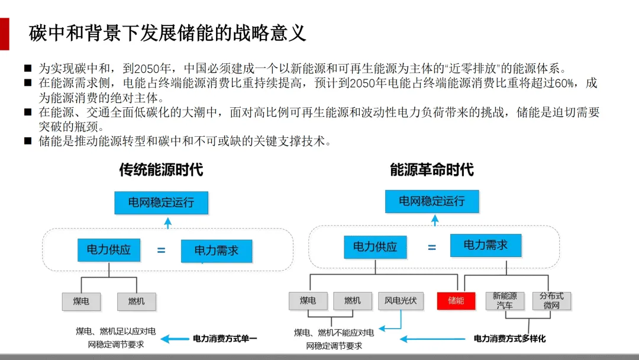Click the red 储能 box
(x=456, y=301)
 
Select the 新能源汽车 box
(x=505, y=301)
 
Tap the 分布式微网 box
(x=551, y=301)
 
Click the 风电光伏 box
(x=401, y=301)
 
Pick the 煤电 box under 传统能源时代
(x=82, y=301)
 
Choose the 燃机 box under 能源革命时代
(x=353, y=301)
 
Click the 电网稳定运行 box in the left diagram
(x=162, y=202)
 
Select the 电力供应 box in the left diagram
(x=109, y=250)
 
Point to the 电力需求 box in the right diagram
(x=486, y=245)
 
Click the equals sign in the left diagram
(x=161, y=250)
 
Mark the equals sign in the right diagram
(x=432, y=247)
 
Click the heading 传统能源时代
(x=161, y=170)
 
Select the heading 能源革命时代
(x=432, y=170)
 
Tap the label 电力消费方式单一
(x=225, y=339)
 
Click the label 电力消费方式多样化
(x=509, y=339)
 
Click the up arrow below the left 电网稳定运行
(x=168, y=223)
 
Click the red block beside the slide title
(x=4, y=34)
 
